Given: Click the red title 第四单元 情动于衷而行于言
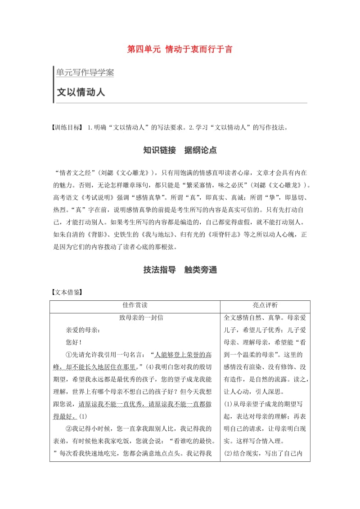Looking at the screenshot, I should click(x=180, y=49).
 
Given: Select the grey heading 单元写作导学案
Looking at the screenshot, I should click(x=85, y=72).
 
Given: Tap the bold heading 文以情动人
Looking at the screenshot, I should click(x=81, y=92).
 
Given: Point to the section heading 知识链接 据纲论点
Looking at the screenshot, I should click(x=180, y=151).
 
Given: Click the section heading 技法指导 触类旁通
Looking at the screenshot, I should click(x=180, y=270).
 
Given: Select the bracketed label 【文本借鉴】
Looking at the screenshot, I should click(x=67, y=292).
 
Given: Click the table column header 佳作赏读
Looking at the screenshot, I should click(x=135, y=305).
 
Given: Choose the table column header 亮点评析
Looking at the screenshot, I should click(x=265, y=305).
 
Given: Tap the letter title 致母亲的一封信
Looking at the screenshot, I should click(x=141, y=317).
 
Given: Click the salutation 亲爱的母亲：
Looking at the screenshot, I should click(x=83, y=330).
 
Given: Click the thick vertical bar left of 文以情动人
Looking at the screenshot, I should click(x=53, y=85).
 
